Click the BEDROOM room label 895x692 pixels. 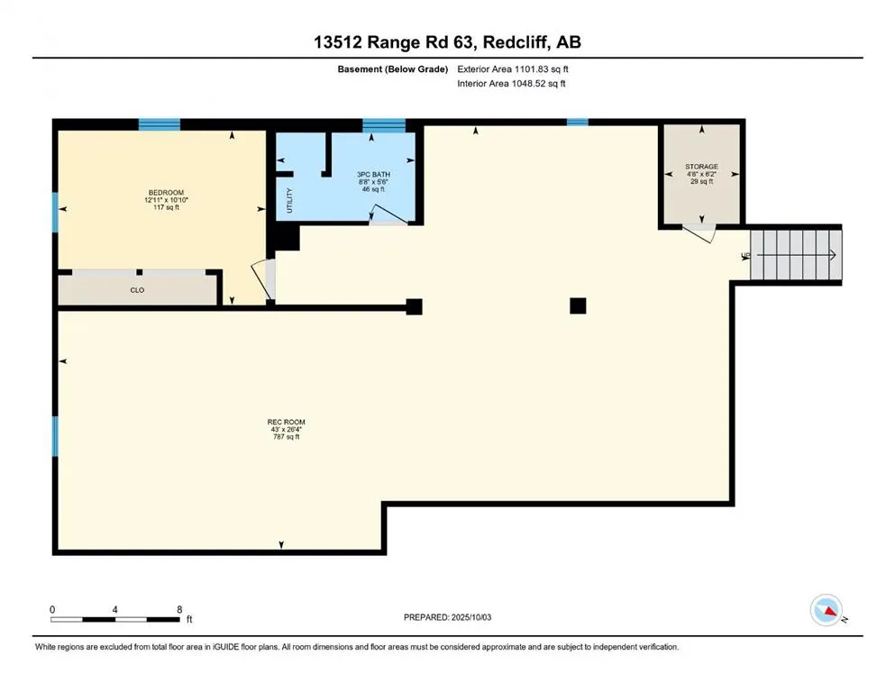click(166, 192)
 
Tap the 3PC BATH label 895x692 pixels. click(373, 175)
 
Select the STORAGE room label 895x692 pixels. click(701, 167)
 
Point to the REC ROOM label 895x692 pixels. click(286, 423)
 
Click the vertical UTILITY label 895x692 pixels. click(289, 201)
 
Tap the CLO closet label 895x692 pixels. click(137, 290)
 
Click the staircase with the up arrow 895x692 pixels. click(796, 254)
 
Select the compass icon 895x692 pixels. click(827, 610)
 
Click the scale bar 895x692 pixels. click(115, 619)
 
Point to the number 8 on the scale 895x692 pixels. click(179, 609)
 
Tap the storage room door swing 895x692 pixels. click(699, 234)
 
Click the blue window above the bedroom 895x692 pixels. click(160, 124)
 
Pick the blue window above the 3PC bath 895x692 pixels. click(384, 125)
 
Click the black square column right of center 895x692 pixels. click(578, 305)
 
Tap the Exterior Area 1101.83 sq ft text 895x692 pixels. click(513, 69)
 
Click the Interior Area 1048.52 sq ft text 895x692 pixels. click(511, 83)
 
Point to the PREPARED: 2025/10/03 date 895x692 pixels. click(447, 617)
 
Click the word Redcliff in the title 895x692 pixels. click(517, 42)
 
